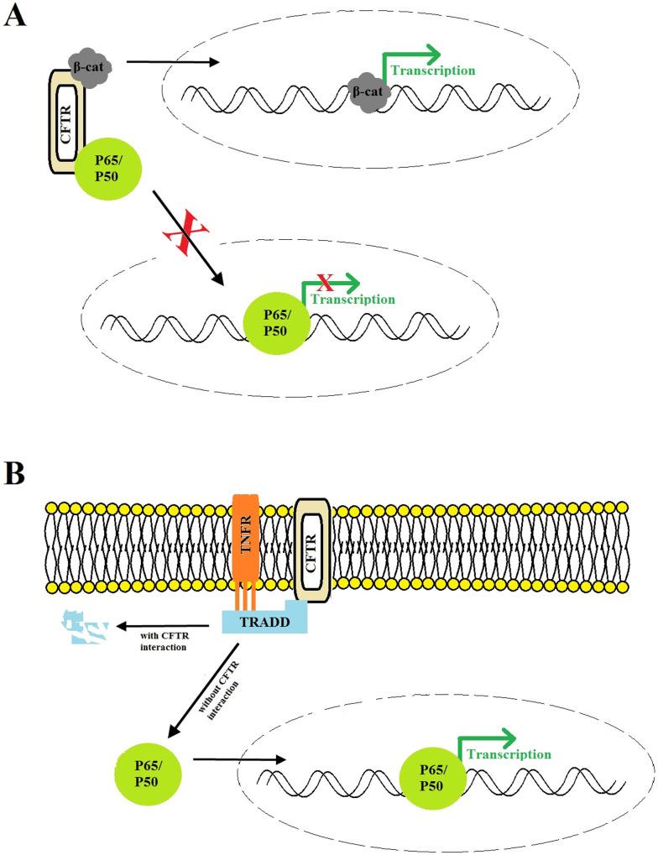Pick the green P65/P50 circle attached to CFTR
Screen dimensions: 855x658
(107, 168)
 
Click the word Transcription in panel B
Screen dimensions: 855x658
(509, 754)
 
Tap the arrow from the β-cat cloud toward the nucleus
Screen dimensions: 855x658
(172, 61)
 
